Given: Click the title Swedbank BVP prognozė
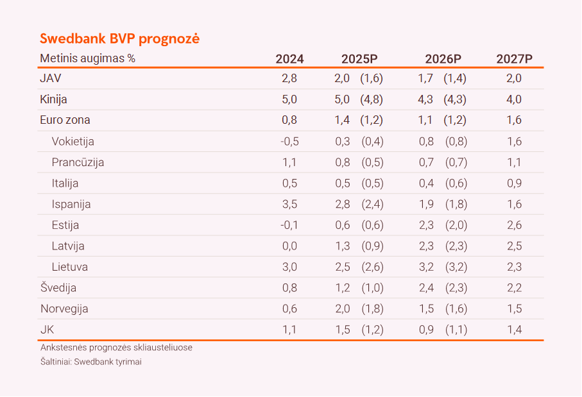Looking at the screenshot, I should (119, 38).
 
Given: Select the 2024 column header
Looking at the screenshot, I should (289, 59).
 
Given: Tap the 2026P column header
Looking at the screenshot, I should (443, 59).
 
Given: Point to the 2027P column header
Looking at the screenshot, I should (514, 59).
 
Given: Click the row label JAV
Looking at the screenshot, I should (51, 78).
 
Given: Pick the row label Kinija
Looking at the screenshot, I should (53, 99).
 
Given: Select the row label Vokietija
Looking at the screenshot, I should (73, 141).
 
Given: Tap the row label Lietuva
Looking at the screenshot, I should (70, 267).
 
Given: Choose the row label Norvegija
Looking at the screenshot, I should (64, 308).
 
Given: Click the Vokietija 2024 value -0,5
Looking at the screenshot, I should (289, 141).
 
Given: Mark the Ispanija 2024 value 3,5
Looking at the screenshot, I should (289, 204).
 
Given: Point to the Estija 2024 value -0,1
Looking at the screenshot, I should (289, 225).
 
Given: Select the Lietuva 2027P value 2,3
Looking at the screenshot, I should (514, 267).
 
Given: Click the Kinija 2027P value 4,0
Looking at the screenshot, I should (514, 99).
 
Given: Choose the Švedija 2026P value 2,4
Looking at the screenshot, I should (426, 288).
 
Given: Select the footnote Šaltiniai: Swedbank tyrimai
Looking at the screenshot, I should (90, 362).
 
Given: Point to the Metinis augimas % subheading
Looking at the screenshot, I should (88, 58).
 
